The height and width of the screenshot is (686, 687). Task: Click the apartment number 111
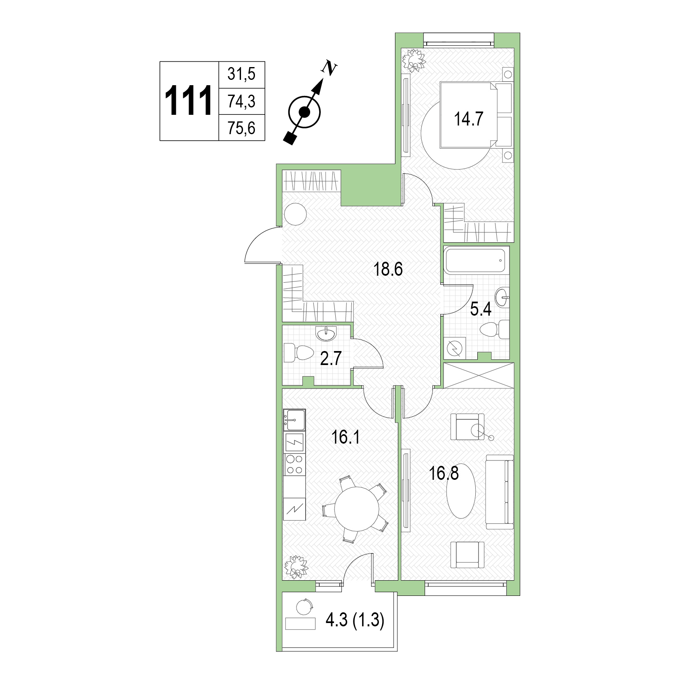pos(189,101)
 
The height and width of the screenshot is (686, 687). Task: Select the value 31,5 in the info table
pos(241,75)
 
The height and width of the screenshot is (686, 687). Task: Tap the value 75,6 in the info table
pos(241,128)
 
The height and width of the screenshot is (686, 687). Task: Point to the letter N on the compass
pos(329,68)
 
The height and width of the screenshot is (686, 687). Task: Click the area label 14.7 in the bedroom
pos(468,119)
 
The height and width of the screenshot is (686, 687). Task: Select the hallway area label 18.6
pos(388,270)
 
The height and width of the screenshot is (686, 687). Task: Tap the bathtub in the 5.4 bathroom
pos(476,260)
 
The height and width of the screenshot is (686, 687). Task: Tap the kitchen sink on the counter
pos(294,419)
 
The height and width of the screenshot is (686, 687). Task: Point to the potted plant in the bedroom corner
pos(413,60)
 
